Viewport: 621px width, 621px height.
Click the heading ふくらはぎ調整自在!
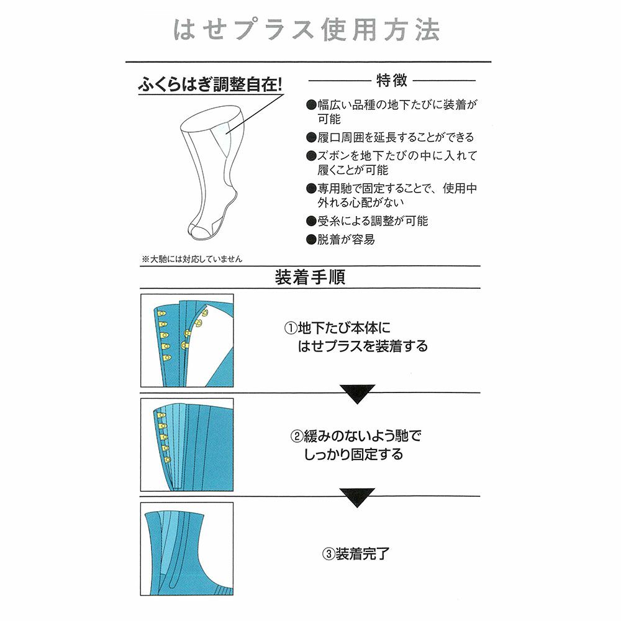click(x=210, y=84)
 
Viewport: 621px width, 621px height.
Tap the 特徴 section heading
click(x=392, y=80)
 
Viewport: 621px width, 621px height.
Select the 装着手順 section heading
click(x=310, y=278)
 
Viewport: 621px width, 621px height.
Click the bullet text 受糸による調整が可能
click(x=373, y=221)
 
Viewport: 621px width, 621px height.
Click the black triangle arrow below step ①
click(x=358, y=394)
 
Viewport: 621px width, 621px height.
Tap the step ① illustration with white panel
click(x=187, y=341)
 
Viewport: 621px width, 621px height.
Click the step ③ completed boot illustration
click(x=187, y=548)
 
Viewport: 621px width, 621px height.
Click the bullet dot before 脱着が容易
click(x=311, y=240)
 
